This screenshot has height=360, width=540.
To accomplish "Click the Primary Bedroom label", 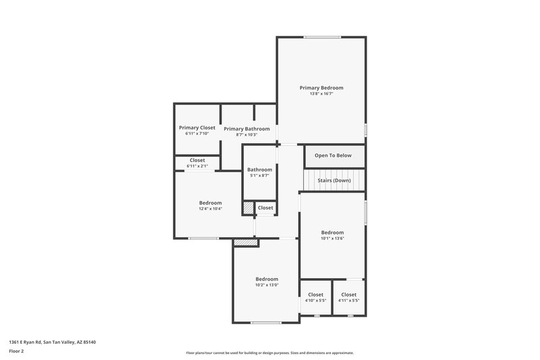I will (321, 88).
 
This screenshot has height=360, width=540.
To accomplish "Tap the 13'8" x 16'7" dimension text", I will (321, 94).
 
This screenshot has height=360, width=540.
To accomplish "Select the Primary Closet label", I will (197, 128).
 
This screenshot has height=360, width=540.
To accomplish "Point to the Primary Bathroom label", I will (247, 129).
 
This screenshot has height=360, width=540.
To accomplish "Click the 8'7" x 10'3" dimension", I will (247, 135).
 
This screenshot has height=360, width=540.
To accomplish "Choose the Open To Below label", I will (333, 155).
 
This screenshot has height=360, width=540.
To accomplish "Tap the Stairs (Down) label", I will (334, 180).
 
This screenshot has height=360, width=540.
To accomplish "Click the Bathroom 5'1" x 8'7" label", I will (260, 173).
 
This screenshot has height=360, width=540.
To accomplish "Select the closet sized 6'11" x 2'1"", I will (198, 163).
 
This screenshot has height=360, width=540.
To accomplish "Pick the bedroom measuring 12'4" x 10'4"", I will (210, 205).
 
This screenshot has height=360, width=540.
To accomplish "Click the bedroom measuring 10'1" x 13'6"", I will (332, 235).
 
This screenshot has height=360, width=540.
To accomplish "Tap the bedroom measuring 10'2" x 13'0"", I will (267, 282).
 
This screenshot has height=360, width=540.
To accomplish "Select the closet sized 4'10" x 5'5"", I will (315, 297).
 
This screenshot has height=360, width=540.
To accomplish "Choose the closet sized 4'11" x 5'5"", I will (349, 297).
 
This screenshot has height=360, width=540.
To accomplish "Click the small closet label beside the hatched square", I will (265, 208).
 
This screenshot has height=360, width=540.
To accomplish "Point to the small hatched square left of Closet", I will (248, 208).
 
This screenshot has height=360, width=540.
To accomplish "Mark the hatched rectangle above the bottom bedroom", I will (246, 242).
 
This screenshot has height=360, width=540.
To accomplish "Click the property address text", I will (52, 342).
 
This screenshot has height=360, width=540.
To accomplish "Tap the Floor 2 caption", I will (16, 351).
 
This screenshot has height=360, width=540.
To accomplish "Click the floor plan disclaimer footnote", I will (270, 353).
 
